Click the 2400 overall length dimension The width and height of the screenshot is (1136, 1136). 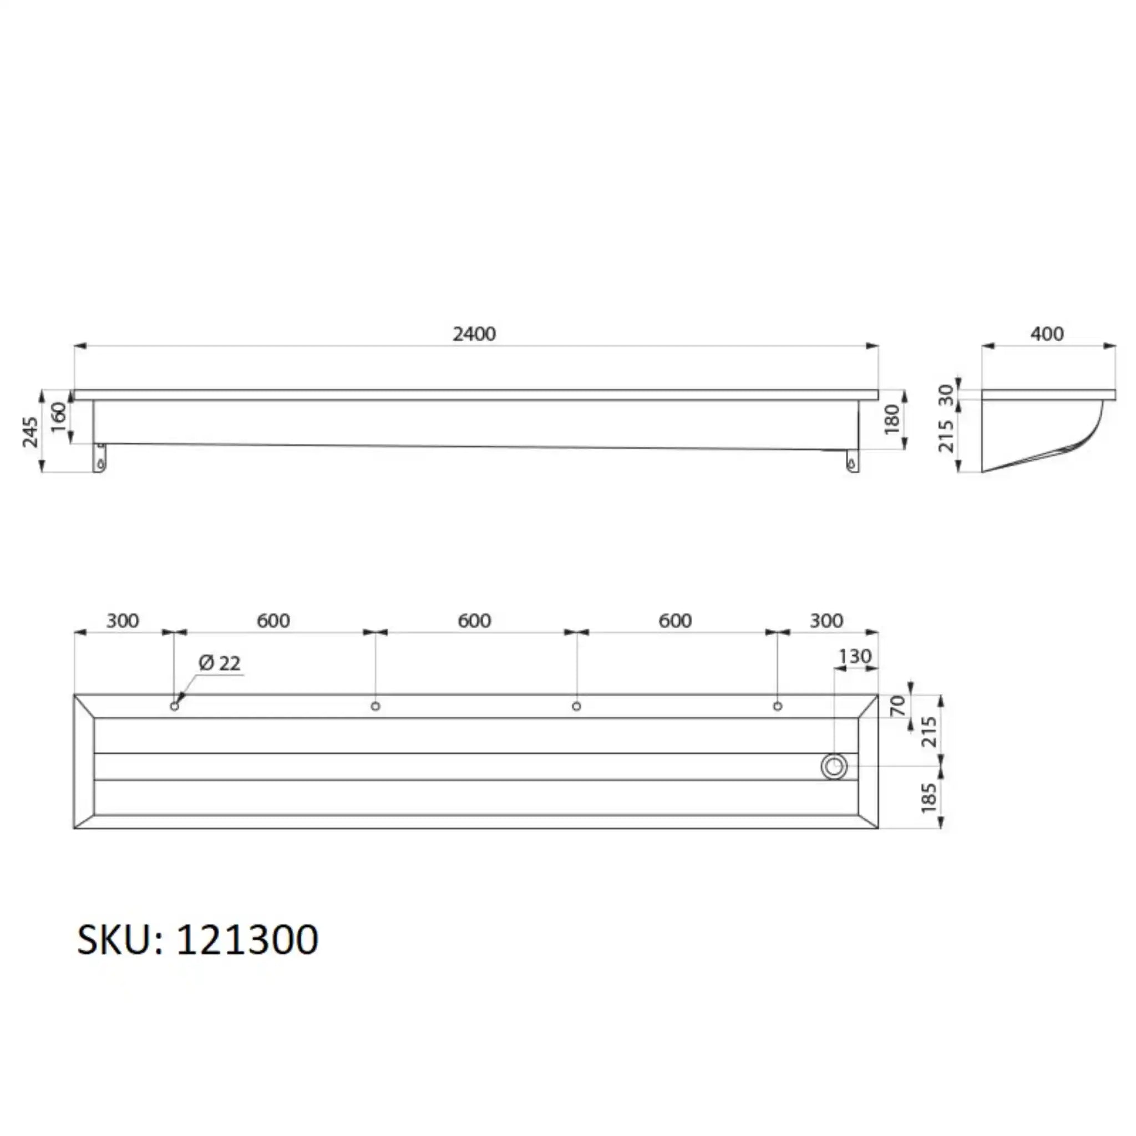(x=474, y=334)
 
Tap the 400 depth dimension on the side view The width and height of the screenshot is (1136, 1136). (x=1047, y=334)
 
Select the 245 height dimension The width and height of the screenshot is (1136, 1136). (x=31, y=432)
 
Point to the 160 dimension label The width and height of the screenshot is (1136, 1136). (x=59, y=417)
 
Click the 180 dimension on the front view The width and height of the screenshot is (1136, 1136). (x=892, y=419)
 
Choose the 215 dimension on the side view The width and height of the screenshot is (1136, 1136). (x=946, y=435)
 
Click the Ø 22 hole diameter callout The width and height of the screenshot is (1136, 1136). (x=219, y=663)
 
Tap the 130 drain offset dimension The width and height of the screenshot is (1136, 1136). (x=854, y=656)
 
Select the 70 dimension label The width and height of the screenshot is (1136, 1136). (x=898, y=706)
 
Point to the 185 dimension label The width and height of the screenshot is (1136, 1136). (x=929, y=798)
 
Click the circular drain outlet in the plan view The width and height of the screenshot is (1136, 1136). (x=834, y=767)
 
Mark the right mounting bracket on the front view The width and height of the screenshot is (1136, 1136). (x=852, y=460)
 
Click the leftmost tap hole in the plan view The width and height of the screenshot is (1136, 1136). (x=174, y=706)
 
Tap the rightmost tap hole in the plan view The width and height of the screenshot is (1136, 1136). (x=777, y=706)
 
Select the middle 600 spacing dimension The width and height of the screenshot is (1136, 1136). (x=474, y=621)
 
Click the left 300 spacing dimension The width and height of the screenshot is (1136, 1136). (x=122, y=621)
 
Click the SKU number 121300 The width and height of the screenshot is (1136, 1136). (x=247, y=939)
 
